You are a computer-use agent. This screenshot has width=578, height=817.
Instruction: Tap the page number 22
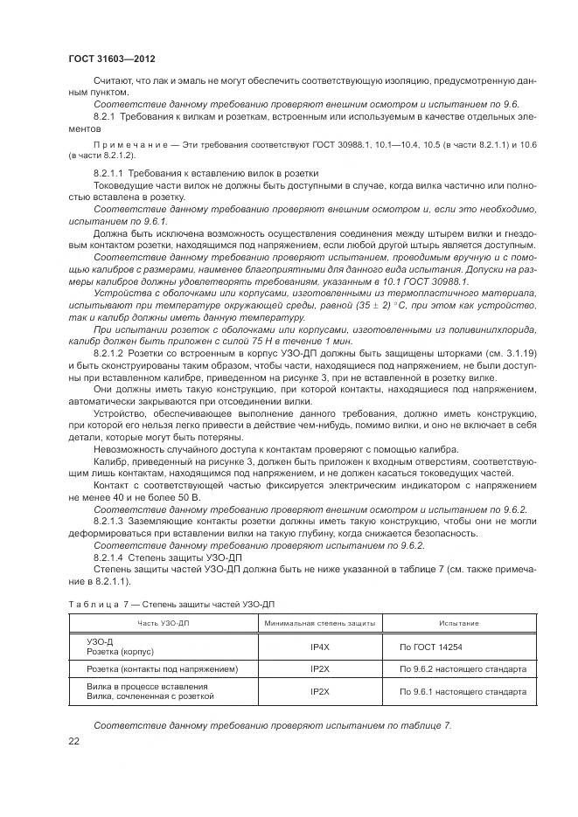(x=74, y=741)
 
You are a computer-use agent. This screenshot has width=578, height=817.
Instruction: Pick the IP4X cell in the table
(x=319, y=647)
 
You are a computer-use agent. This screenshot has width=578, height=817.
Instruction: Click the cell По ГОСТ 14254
(x=431, y=647)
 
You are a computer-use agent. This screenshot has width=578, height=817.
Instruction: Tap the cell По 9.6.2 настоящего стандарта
(x=463, y=668)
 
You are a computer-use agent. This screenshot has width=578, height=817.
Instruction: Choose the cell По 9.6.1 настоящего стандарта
(x=463, y=691)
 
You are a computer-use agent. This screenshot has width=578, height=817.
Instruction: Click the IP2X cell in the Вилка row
(x=319, y=691)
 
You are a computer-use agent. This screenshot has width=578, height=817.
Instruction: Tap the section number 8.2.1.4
(x=109, y=557)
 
